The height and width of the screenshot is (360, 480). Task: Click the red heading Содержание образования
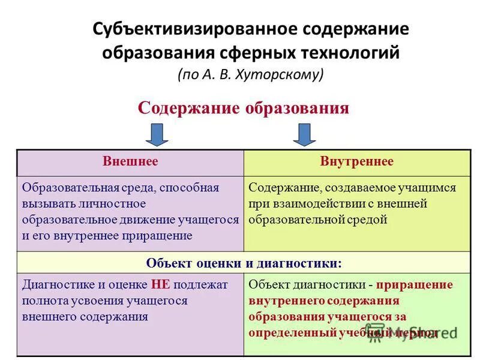pyautogui.click(x=243, y=107)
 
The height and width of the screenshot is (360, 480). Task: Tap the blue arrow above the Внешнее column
pyautogui.click(x=157, y=134)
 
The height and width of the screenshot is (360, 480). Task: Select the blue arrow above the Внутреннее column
pyautogui.click(x=305, y=134)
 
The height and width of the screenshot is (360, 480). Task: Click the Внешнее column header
pyautogui.click(x=130, y=161)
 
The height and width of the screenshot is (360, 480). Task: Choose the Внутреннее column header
pyautogui.click(x=356, y=161)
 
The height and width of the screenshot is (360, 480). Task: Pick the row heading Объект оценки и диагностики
pyautogui.click(x=244, y=263)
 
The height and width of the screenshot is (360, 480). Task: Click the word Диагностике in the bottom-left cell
pyautogui.click(x=55, y=284)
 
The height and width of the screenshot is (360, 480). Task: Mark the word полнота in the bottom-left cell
pyautogui.click(x=43, y=301)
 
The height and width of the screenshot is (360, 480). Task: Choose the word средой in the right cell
pyautogui.click(x=367, y=220)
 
